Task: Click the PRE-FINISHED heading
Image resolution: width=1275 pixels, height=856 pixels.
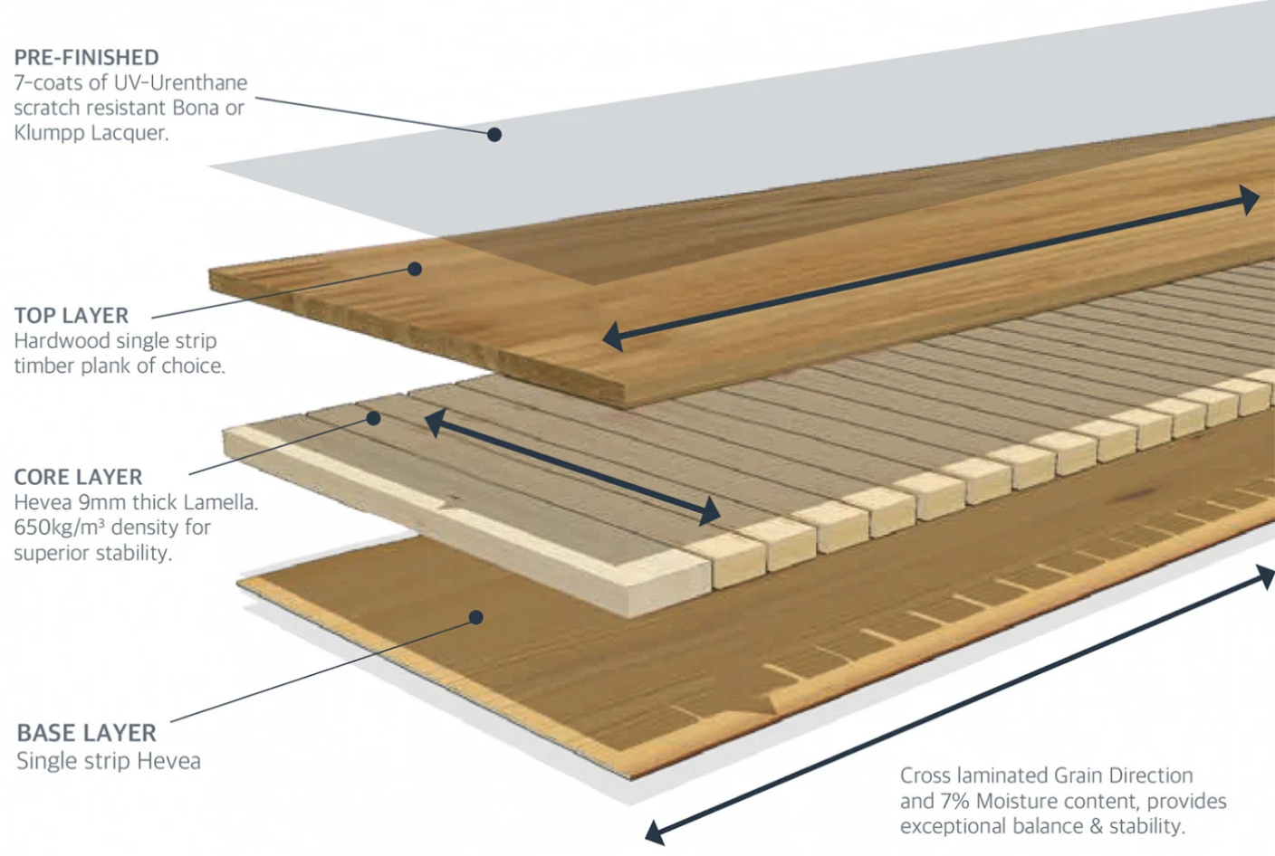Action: (x=86, y=57)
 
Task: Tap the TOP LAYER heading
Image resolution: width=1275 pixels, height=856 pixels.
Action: (x=72, y=316)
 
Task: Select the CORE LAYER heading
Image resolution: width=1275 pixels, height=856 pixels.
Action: (x=78, y=477)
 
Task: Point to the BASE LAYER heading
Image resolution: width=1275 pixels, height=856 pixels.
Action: (x=86, y=732)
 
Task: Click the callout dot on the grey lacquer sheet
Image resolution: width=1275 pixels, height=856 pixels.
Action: (x=494, y=135)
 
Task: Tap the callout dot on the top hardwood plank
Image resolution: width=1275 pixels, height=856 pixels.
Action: (x=415, y=269)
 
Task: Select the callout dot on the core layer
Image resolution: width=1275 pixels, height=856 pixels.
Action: (x=373, y=418)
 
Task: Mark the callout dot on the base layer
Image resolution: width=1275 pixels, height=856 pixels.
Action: (x=476, y=617)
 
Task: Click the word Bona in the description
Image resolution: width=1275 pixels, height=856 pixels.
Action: (x=195, y=108)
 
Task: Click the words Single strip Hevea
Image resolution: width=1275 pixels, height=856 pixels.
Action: (x=109, y=761)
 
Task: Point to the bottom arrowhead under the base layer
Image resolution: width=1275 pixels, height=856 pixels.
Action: (x=655, y=832)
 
